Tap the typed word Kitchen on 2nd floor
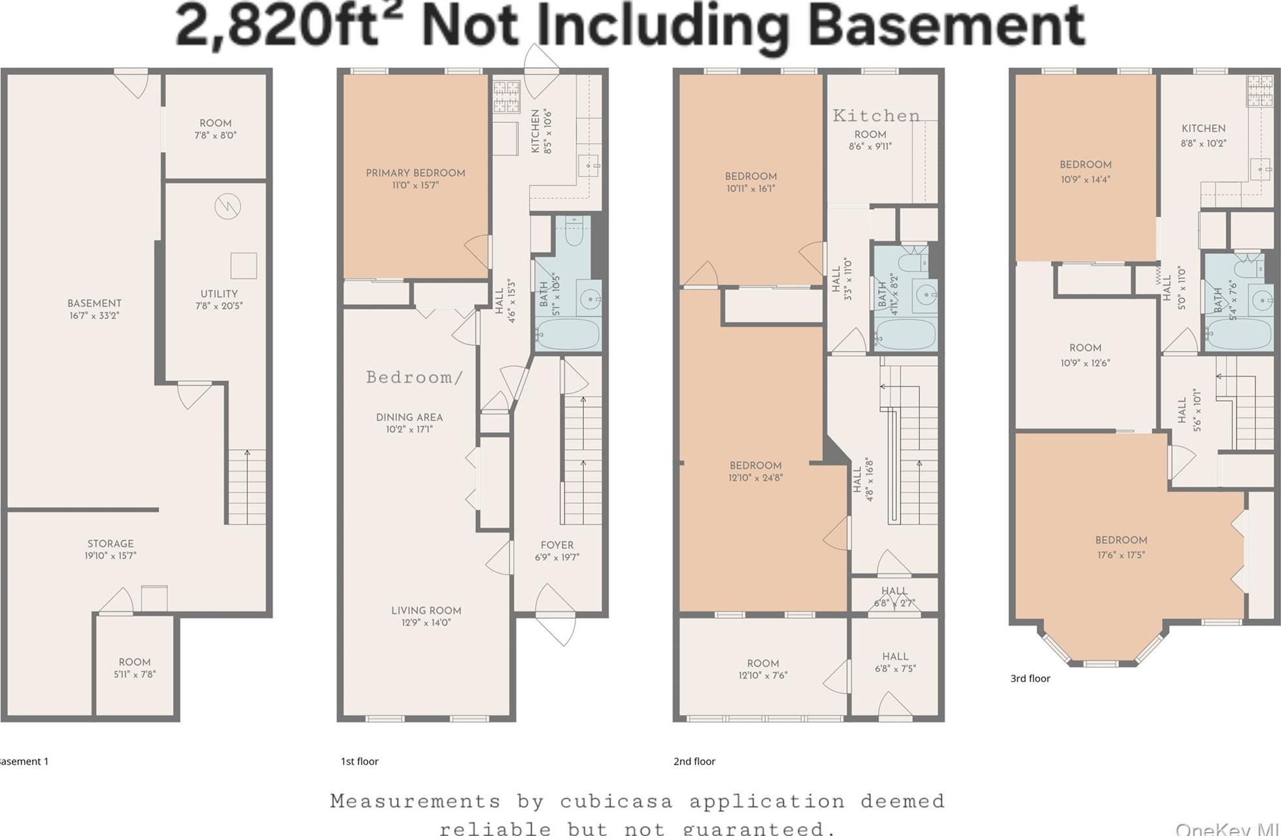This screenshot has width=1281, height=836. tap(876, 116)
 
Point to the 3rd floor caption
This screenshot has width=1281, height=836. tap(1030, 678)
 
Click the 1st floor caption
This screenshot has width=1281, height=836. tap(359, 761)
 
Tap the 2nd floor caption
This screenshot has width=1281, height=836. tap(694, 761)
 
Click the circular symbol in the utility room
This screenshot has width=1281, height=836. tap(228, 207)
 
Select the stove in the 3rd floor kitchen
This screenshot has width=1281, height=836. tap(1260, 90)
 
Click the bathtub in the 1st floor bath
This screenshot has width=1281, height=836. tap(567, 334)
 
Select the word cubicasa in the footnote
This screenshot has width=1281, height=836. tap(616, 801)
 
